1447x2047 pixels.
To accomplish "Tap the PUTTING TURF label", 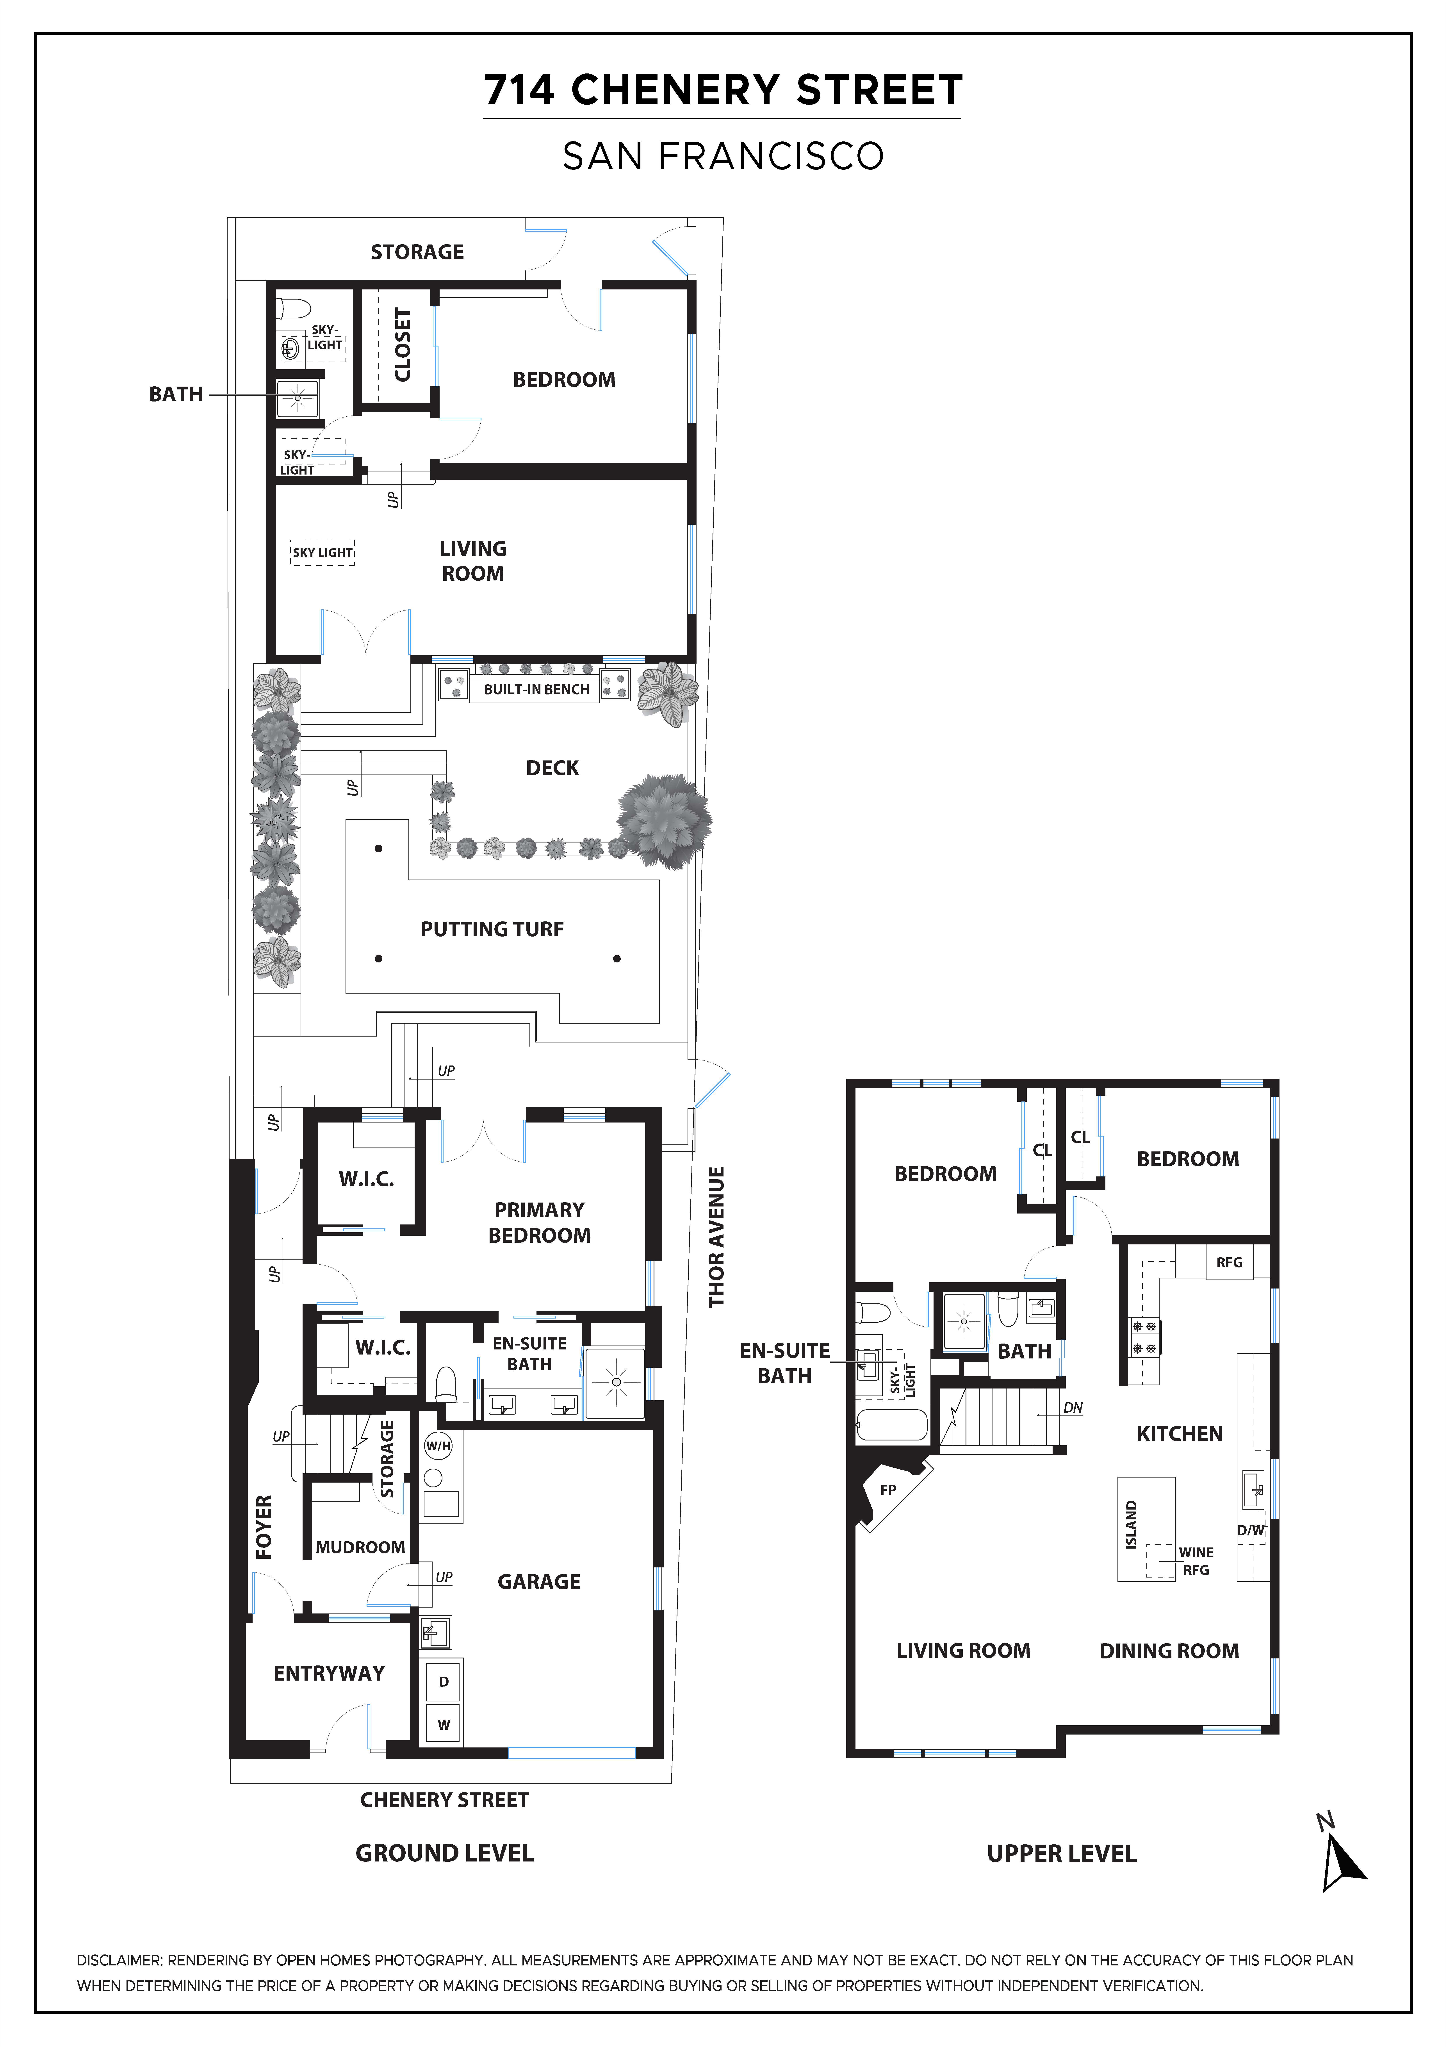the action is coord(492,929).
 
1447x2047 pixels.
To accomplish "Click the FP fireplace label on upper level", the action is coord(888,1489).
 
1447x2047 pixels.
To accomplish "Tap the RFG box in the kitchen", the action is coord(1230,1262).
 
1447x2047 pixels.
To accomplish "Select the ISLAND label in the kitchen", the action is coord(1131,1524).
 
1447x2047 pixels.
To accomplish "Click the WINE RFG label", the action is coord(1196,1561).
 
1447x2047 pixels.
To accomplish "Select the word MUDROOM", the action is coord(360,1547).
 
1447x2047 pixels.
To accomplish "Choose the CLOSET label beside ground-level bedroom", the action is coord(403,345).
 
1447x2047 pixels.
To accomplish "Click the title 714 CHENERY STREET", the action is coord(723,90).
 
